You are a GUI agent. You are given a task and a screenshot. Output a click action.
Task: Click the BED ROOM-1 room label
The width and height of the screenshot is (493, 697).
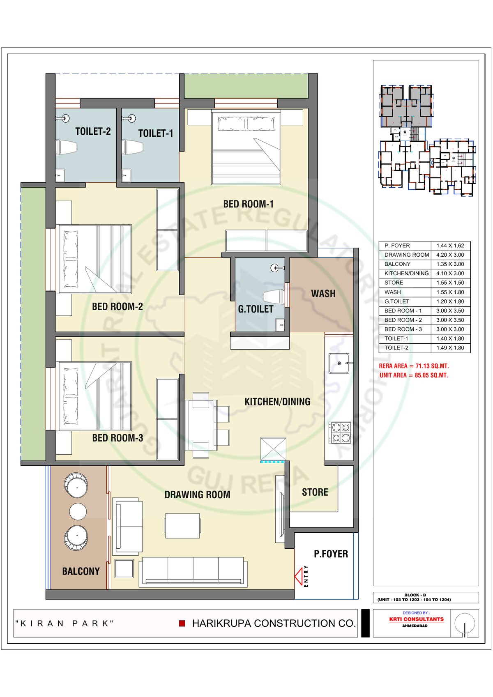click(249, 204)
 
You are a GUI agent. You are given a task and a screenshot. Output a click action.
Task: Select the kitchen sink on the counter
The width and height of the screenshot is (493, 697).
click(339, 363)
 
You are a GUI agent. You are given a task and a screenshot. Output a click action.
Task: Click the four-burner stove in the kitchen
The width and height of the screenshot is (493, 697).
click(340, 433)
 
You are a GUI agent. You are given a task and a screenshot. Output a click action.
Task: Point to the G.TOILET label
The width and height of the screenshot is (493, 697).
click(256, 309)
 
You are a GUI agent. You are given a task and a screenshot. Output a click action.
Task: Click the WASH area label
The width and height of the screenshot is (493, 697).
click(323, 293)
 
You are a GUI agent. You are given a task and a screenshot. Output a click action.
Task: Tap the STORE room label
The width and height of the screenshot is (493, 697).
click(315, 492)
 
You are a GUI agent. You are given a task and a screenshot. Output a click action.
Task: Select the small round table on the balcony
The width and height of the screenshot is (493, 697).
click(78, 511)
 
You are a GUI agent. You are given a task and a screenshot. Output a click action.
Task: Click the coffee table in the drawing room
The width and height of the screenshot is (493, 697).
click(182, 526)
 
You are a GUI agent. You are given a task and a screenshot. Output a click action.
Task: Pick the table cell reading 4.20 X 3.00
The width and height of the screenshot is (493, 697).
click(450, 255)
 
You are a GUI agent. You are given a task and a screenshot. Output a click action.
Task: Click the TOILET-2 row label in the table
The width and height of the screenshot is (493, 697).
click(396, 348)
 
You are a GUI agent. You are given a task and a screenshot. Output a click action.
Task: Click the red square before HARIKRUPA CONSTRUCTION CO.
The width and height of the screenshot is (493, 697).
click(182, 623)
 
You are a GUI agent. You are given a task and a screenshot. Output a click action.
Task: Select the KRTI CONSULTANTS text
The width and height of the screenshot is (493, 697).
click(417, 619)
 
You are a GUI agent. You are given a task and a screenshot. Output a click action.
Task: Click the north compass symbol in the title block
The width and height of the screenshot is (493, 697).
click(465, 624)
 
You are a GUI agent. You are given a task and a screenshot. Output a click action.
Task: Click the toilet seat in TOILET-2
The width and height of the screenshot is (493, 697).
click(66, 147)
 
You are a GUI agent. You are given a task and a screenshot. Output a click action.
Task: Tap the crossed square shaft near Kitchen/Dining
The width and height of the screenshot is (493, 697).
click(273, 449)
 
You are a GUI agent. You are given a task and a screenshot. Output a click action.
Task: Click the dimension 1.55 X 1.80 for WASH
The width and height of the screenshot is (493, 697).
click(450, 292)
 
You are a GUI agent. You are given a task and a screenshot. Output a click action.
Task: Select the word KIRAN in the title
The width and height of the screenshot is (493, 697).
click(42, 623)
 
